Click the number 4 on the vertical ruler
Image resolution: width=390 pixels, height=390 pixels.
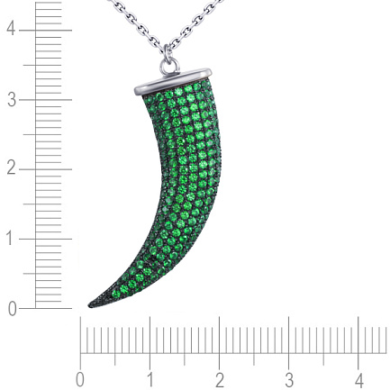(11, 29)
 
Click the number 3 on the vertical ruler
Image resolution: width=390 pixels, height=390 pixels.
(12, 100)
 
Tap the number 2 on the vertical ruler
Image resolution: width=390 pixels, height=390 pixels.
(12, 168)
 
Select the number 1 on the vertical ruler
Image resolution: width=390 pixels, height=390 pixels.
(11, 239)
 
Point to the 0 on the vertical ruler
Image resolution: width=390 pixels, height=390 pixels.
(12, 310)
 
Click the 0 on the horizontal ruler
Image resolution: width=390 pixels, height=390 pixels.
(79, 380)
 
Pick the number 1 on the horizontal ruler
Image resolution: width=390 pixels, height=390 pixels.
(150, 380)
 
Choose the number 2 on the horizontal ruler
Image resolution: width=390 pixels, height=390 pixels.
(220, 380)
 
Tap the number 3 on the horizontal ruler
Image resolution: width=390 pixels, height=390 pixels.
(289, 380)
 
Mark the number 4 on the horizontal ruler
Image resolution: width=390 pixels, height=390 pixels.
(359, 380)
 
